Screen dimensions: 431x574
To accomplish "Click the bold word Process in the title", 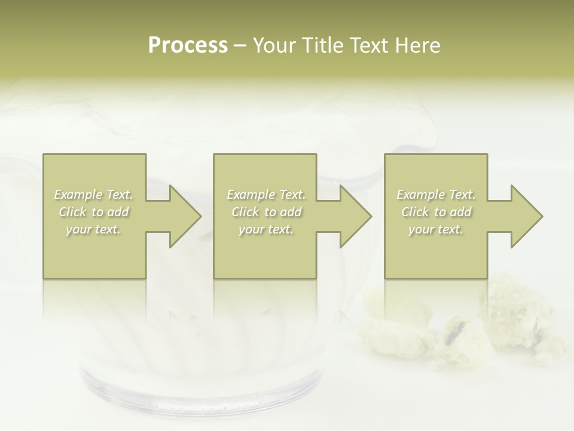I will coord(188,45).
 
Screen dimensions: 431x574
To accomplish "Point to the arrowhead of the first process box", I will coord(185,216).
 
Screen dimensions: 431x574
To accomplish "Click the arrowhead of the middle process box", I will coord(356,216).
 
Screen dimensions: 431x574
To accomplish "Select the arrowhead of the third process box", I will coord(527,216).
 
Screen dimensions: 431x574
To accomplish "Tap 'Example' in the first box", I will coord(78,195).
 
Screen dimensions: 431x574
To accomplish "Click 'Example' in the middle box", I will coord(251,195).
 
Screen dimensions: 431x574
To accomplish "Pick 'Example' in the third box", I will coord(420,195).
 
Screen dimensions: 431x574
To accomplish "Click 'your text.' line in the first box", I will coord(93,229).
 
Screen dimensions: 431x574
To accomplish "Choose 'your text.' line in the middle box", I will coord(265,229).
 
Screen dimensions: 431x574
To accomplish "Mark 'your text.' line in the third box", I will coord(435,229).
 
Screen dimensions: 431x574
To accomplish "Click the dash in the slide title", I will coord(240,46).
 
